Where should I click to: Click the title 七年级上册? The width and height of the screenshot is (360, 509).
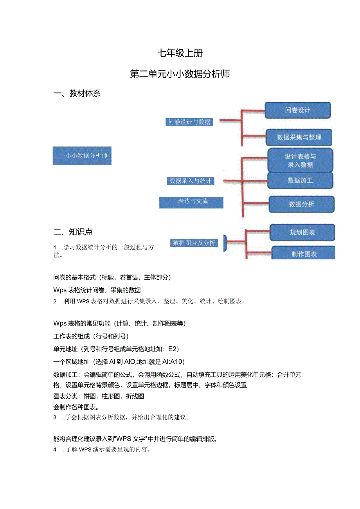pos(180,53)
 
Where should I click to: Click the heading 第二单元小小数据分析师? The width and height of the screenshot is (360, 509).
pos(180,74)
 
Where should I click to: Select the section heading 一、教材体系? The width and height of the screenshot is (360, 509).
pos(77,93)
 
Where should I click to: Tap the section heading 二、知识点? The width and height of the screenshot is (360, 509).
pos(73,232)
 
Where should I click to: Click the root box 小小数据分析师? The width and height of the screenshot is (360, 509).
pos(82,155)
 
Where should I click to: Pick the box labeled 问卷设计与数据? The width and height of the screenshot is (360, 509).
pos(189,122)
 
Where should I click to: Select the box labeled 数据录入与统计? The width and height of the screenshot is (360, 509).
pos(190,181)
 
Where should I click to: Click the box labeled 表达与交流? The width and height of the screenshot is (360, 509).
pos(191,202)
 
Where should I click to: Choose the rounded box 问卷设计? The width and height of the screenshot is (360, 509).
pos(298,110)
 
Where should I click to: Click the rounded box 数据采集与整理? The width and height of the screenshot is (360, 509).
pos(299,137)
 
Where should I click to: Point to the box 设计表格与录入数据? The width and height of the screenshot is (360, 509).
pos(300,160)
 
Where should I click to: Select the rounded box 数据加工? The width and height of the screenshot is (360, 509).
pos(300,180)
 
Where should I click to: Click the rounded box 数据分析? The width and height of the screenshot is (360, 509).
pos(301,204)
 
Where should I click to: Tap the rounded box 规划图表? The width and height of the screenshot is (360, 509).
pos(302,232)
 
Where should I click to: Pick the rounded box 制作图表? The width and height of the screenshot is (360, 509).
pos(304,254)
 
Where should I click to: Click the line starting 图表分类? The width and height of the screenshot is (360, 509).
pos(99,396)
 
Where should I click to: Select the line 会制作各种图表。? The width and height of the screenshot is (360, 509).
pos(76,406)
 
